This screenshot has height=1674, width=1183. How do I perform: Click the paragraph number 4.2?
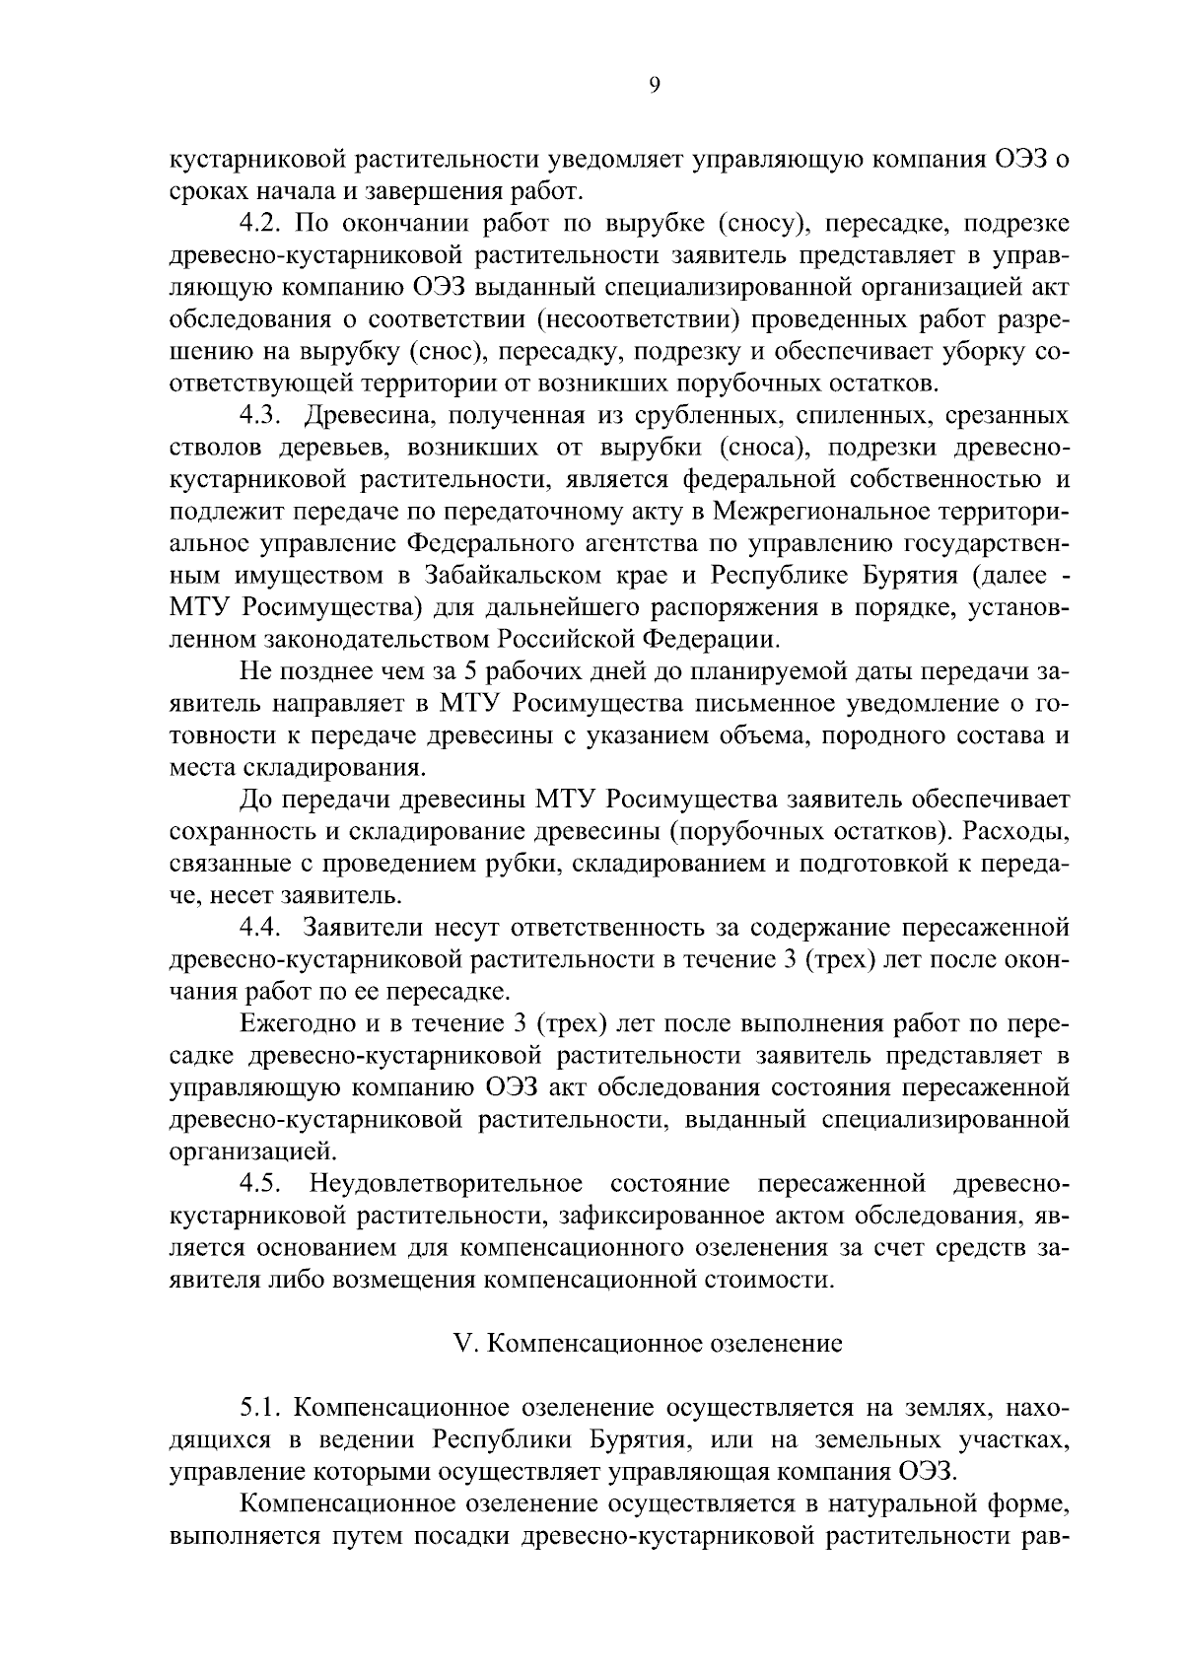(261, 223)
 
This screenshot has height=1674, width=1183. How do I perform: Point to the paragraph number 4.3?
(261, 416)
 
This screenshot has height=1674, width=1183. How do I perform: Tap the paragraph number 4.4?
(261, 928)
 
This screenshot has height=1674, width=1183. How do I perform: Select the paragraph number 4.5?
(261, 1183)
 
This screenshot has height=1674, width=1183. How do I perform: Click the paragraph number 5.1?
(261, 1405)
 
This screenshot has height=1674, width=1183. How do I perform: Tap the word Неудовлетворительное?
(446, 1183)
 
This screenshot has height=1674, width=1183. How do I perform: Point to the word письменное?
(786, 704)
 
